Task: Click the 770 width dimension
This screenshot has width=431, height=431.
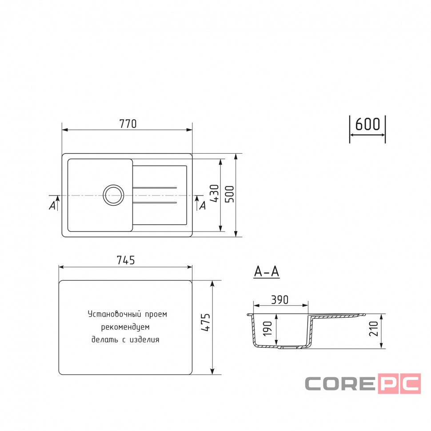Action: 128,124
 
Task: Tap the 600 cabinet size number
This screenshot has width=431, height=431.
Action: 367,124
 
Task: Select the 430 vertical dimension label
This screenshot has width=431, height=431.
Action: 215,193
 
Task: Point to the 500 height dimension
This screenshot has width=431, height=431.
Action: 230,194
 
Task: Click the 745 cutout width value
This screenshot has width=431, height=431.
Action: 126,260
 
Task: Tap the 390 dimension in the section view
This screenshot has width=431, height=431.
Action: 279,300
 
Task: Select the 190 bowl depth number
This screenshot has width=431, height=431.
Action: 267,328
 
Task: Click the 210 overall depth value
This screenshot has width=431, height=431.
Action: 374,328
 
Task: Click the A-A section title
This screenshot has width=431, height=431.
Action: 267,271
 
